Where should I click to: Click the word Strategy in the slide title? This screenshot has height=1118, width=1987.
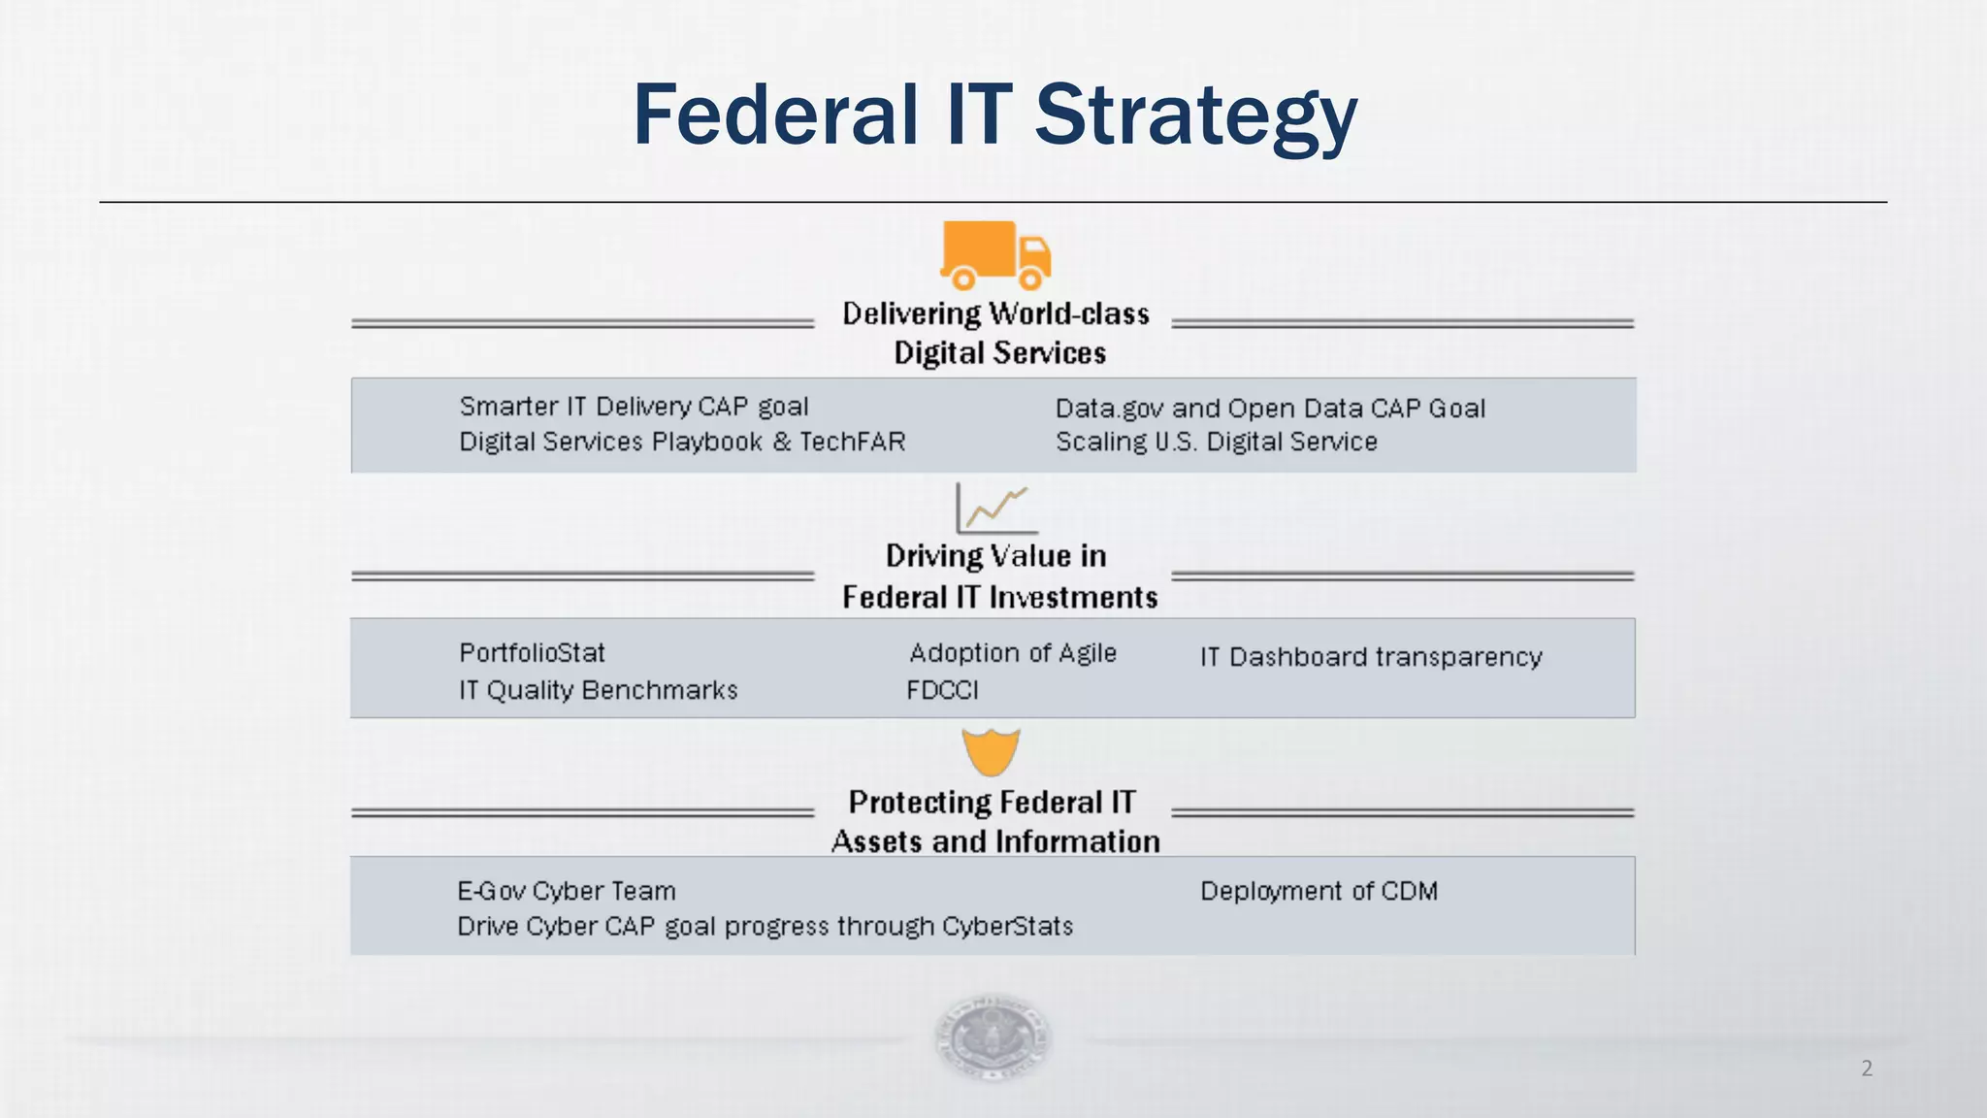pos(1195,116)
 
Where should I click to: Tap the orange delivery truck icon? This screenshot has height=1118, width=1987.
pos(994,254)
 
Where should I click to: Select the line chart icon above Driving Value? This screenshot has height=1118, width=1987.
pos(995,509)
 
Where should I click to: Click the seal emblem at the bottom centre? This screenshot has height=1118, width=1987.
pos(992,1036)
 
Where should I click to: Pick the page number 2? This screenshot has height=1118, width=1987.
pos(1867,1069)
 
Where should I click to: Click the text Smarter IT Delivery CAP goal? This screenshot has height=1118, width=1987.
pos(634,407)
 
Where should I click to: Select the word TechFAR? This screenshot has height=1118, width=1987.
pos(852,443)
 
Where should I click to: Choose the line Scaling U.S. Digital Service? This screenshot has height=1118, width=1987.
pos(1216,443)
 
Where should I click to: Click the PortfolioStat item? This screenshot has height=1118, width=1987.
pos(532,653)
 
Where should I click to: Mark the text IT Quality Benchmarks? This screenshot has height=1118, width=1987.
pos(598,690)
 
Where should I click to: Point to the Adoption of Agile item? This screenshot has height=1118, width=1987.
pos(1013,653)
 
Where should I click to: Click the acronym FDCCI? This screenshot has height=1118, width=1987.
pos(942,690)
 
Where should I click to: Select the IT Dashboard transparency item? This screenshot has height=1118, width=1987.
pos(1370,657)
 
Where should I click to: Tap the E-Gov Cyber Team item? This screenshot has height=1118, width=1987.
pos(567,891)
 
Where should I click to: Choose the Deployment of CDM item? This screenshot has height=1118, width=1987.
pos(1319,891)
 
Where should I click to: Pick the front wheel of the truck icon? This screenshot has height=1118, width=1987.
pos(1030,279)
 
